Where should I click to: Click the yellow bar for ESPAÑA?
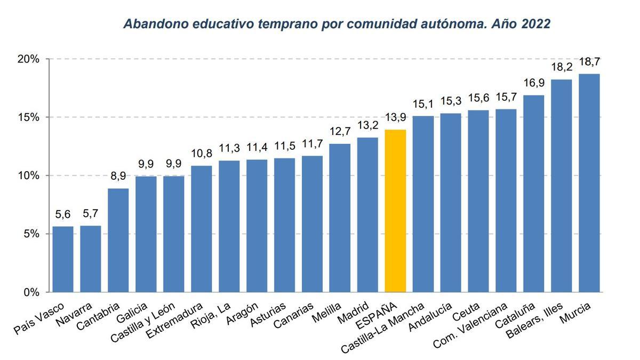pos(395,211)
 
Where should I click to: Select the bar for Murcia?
pos(589,183)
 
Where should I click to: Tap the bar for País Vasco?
pos(63,259)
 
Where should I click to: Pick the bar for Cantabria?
pos(118,240)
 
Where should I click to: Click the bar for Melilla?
pos(340,218)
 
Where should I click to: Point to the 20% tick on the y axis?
pos(27,59)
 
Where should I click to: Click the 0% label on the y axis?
pos(29,292)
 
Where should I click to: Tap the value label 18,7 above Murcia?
pos(589,62)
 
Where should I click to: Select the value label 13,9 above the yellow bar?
pos(395,118)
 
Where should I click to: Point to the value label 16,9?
pos(533,83)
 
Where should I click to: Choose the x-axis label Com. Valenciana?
pos(469,326)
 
